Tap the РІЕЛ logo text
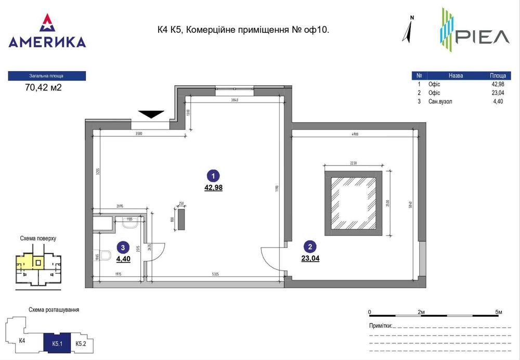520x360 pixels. (x=484, y=37)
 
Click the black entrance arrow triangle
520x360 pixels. (x=151, y=114)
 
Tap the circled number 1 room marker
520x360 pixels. (x=213, y=176)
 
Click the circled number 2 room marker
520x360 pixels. (x=310, y=247)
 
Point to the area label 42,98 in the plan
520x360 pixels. (x=213, y=188)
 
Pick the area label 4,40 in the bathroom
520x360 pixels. (x=123, y=259)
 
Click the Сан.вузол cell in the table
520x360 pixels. (x=440, y=101)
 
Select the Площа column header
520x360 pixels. (x=498, y=75)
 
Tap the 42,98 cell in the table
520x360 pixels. (x=498, y=84)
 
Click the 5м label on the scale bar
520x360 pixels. (x=499, y=312)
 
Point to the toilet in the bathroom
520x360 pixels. (x=106, y=255)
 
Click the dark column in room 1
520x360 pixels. (x=181, y=218)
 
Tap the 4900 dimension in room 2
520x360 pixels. (x=355, y=134)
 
